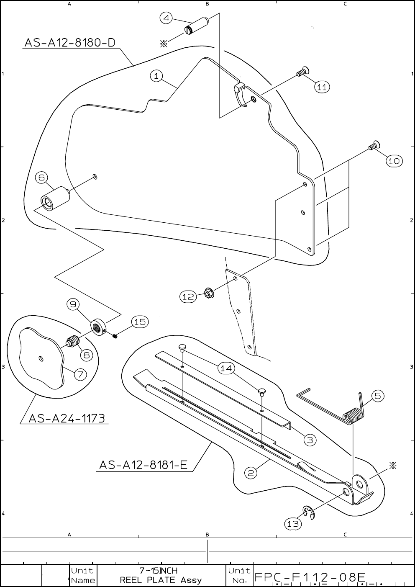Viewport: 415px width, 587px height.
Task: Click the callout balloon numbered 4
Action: (166, 18)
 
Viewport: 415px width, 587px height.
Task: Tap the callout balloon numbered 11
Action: (322, 87)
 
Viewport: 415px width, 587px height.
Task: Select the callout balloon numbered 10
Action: (394, 161)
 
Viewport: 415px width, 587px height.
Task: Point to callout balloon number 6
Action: (42, 177)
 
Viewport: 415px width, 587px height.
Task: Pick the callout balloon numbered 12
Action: (188, 296)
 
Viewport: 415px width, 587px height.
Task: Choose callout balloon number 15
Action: (140, 322)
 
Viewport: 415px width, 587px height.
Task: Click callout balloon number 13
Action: (292, 523)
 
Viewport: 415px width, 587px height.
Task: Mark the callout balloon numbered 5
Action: (377, 396)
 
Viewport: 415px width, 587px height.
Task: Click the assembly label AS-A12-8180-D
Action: (70, 43)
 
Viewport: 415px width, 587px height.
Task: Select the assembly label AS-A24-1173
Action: (67, 418)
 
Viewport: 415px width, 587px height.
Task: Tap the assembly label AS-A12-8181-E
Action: (143, 465)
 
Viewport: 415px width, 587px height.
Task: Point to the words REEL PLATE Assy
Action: (161, 580)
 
